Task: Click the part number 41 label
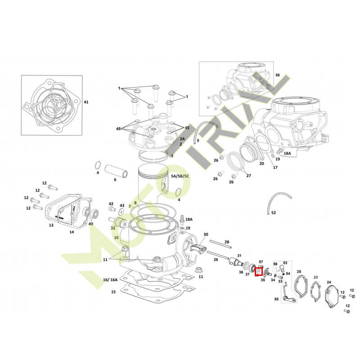point(85,102)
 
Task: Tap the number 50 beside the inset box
point(278,75)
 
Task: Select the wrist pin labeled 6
point(116,171)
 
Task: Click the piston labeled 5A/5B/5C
point(153,181)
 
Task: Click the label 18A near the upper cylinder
point(287,153)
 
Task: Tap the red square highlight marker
point(259,272)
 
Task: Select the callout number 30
point(206,234)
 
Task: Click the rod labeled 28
point(220,244)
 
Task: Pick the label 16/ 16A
point(110,279)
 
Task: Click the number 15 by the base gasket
point(113,292)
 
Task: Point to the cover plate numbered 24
point(332,297)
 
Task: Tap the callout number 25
point(299,272)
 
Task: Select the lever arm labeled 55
point(288,295)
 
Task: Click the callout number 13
point(51,225)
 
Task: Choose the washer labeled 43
point(121,212)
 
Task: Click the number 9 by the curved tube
point(198,140)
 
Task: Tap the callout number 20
point(261,163)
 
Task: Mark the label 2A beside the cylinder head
point(182,139)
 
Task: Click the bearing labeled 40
point(94,213)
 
